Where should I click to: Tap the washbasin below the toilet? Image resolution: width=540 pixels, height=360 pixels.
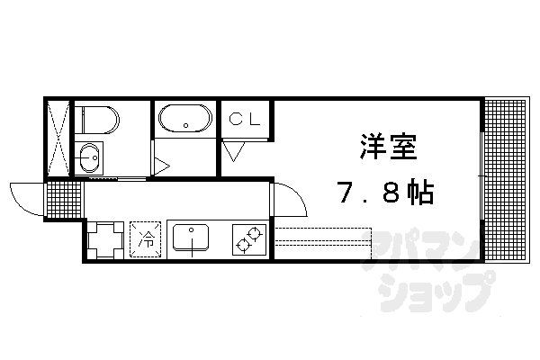90,157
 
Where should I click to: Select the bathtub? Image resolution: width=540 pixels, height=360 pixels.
184,118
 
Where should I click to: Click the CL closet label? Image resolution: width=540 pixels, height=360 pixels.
244,118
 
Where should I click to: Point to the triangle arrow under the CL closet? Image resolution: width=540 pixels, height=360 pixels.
233,151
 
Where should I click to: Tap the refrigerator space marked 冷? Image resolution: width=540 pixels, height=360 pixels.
145,239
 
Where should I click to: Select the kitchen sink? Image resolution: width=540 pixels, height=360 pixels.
191,239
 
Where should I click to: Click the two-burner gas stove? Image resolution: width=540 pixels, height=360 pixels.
248,240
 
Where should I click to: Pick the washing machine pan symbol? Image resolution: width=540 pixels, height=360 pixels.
104,239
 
